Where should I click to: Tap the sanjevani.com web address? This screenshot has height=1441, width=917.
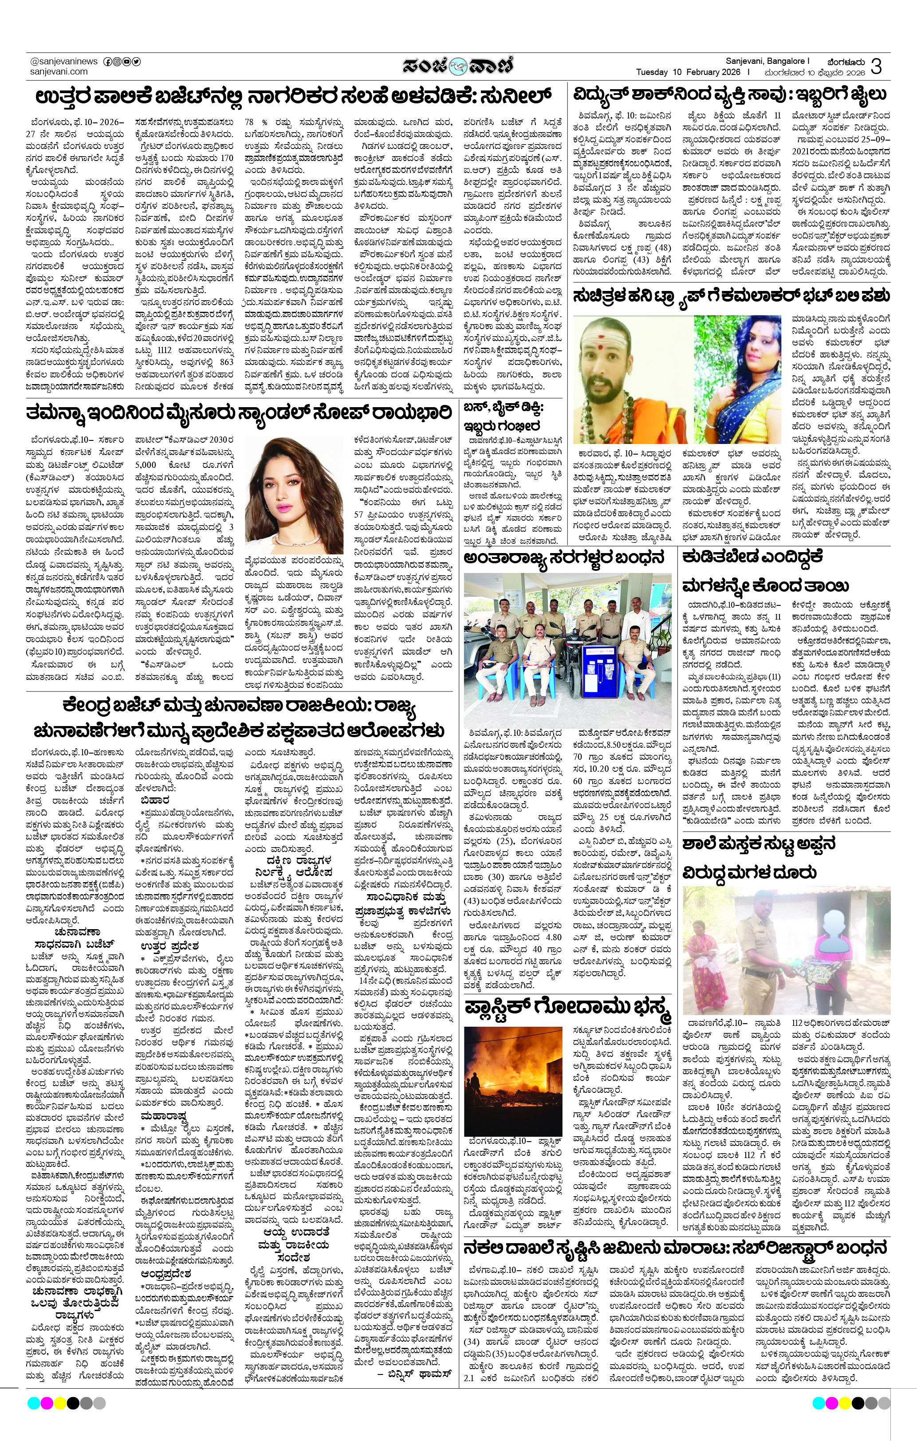click(x=59, y=72)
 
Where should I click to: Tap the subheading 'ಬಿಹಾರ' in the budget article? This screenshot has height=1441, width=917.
click(x=154, y=800)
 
